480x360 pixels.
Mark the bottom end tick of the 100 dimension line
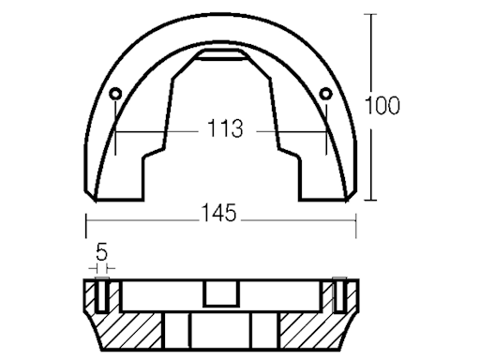(x=373, y=201)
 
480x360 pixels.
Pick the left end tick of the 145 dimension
(x=86, y=217)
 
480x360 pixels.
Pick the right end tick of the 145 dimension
(x=357, y=217)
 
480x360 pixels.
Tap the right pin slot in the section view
(x=338, y=297)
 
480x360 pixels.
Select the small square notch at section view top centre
(x=220, y=295)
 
